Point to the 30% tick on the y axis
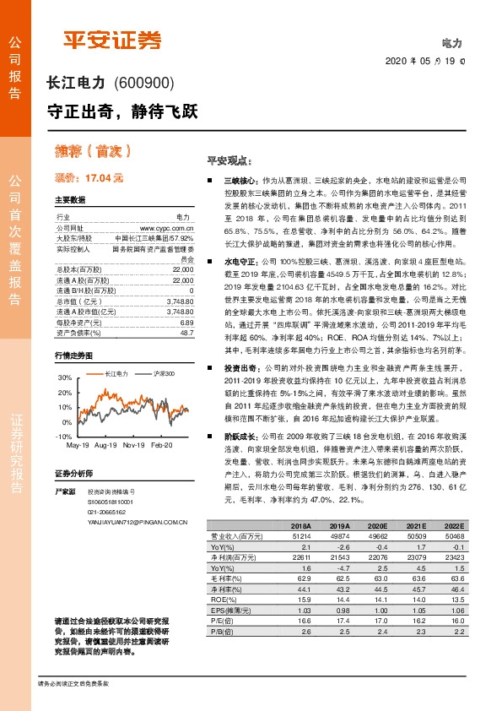[x=65, y=376]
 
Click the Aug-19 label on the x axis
[x=106, y=445]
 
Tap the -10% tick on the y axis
[x=63, y=435]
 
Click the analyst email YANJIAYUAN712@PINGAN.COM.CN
[x=137, y=522]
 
